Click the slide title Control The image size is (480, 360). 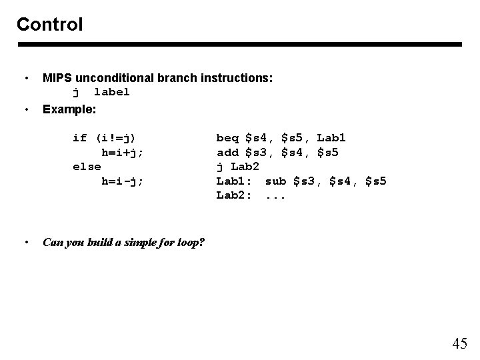(x=49, y=25)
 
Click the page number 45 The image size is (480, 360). (x=459, y=344)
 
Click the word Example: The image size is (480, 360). (x=69, y=108)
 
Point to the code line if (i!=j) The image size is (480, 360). (x=104, y=138)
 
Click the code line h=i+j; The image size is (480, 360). (x=122, y=152)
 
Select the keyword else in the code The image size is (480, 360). (x=87, y=167)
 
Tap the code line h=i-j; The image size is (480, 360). (x=122, y=181)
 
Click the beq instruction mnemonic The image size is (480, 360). (x=227, y=138)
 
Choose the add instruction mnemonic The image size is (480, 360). (x=227, y=152)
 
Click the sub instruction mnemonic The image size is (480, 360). (x=276, y=181)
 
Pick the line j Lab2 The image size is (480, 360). (x=237, y=167)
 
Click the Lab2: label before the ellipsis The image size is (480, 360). (x=233, y=195)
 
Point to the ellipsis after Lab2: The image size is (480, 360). (x=276, y=195)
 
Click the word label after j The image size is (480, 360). (x=112, y=92)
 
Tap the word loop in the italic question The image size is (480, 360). (x=190, y=242)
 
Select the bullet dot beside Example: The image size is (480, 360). (x=26, y=108)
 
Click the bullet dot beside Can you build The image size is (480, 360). (x=26, y=242)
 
